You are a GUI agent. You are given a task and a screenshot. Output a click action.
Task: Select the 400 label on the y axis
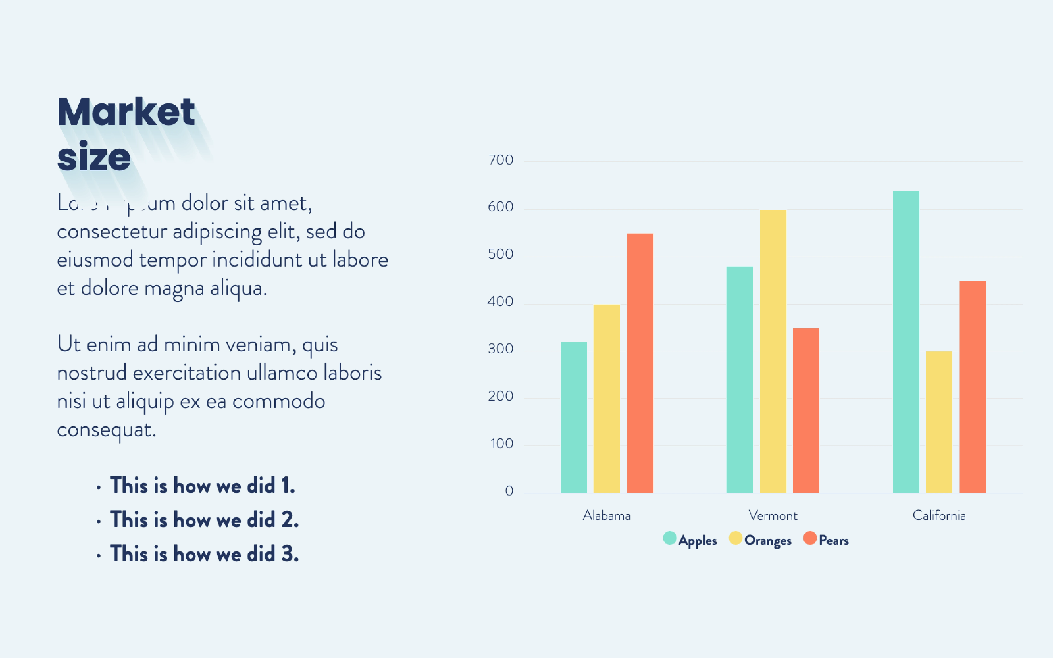click(x=501, y=302)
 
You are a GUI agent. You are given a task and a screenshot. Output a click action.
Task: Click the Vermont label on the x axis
click(x=773, y=516)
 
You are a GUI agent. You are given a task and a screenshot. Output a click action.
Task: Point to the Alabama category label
click(x=606, y=516)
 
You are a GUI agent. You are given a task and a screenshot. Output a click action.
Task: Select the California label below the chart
click(x=939, y=516)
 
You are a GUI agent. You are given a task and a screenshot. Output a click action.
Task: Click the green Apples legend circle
click(x=670, y=538)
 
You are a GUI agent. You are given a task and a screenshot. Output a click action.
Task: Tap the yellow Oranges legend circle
click(x=735, y=538)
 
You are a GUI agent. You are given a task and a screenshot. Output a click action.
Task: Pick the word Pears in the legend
click(x=834, y=541)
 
